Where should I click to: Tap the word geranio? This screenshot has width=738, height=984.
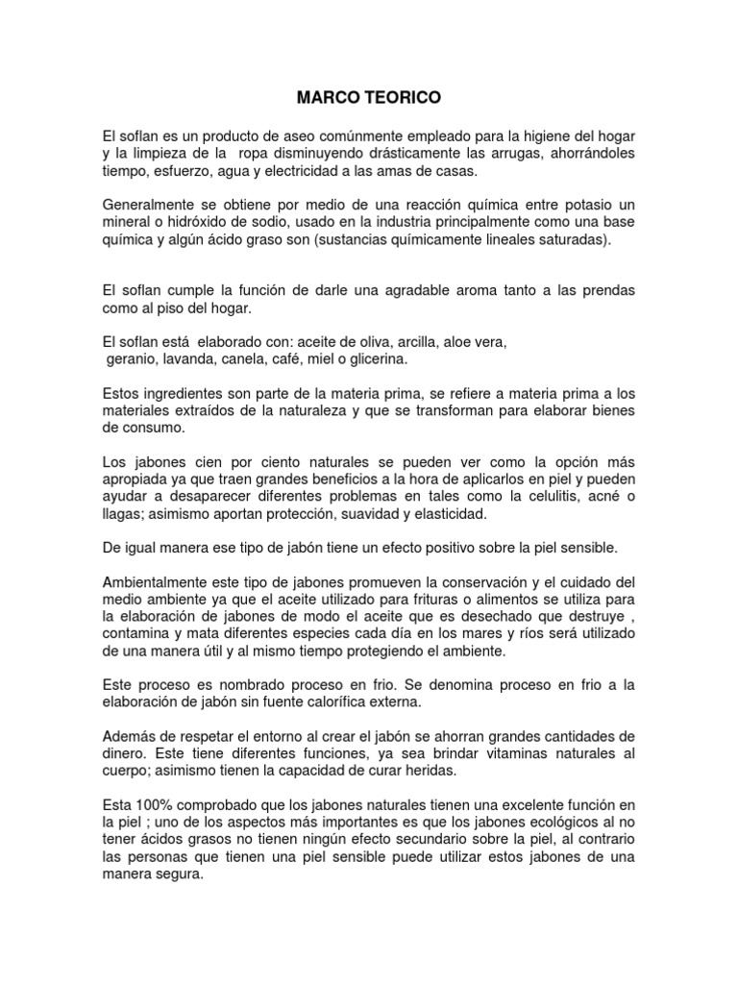[131, 358]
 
